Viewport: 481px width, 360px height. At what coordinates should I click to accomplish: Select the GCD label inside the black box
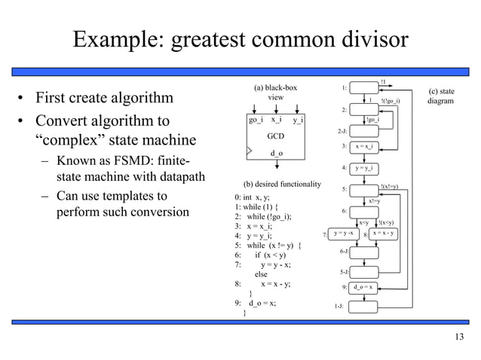(x=276, y=139)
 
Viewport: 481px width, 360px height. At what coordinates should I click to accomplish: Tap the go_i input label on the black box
(x=256, y=120)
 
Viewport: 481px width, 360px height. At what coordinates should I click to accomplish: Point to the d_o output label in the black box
(x=276, y=153)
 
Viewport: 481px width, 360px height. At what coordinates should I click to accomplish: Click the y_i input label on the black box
(x=299, y=120)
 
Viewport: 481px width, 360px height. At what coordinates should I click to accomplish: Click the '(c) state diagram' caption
(x=441, y=94)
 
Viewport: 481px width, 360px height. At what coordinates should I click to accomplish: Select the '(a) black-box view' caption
(x=276, y=93)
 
